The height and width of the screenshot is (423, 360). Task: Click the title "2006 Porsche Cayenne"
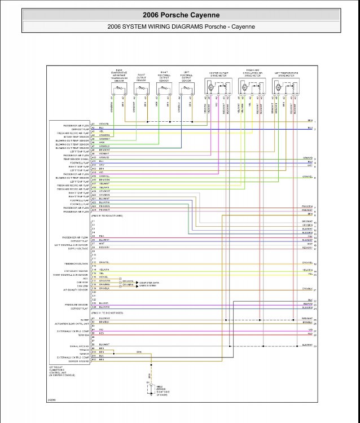pos(180,15)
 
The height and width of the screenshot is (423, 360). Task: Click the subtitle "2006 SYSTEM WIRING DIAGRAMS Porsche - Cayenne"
pos(180,27)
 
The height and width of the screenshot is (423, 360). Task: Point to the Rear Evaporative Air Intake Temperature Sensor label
pos(119,77)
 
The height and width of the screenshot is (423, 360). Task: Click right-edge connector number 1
pos(315,121)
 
